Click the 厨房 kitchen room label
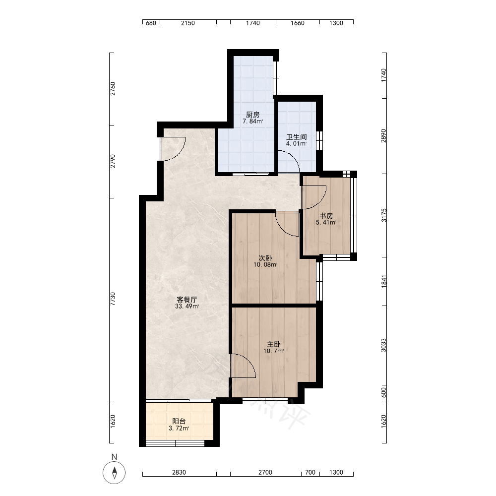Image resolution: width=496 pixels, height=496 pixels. click(253, 115)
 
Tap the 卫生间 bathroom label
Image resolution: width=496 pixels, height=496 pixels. click(297, 137)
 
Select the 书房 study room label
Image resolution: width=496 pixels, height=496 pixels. click(326, 216)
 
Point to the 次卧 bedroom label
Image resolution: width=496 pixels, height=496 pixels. click(265, 258)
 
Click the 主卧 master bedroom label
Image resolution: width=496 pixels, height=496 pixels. click(274, 344)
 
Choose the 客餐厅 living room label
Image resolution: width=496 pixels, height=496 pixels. click(187, 300)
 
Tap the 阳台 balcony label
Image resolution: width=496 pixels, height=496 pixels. click(179, 421)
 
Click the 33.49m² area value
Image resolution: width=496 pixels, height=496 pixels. click(187, 306)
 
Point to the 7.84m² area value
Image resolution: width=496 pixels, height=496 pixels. click(253, 121)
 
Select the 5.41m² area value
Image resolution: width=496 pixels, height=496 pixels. click(326, 222)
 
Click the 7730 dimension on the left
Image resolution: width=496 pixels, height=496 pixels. click(113, 299)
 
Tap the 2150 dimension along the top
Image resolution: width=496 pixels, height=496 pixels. click(188, 23)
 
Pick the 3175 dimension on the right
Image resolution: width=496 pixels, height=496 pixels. click(384, 215)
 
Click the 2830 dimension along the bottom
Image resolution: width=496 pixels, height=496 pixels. click(179, 472)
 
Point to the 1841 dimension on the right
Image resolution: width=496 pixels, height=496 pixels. click(384, 281)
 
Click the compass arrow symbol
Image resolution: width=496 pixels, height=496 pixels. click(115, 473)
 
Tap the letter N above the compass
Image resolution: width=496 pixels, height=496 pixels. click(114, 457)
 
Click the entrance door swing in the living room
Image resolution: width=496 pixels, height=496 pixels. click(173, 149)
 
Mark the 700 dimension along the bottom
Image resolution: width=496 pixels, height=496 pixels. click(310, 472)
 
